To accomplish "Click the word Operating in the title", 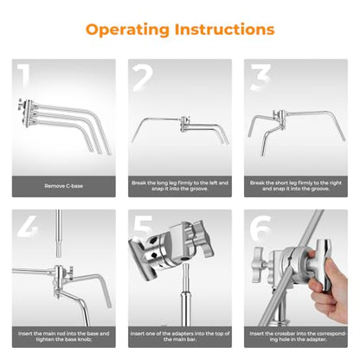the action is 127,30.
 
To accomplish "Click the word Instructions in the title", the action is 225,29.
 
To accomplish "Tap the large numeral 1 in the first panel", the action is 23,76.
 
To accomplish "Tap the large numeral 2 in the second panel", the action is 143,77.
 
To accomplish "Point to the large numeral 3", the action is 260,77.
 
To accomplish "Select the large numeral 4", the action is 28,227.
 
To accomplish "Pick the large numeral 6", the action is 260,228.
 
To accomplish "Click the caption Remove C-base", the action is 64,186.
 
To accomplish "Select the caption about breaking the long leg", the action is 180,186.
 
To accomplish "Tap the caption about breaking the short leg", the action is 296,186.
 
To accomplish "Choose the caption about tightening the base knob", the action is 64,337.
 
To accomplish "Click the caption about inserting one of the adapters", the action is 180,337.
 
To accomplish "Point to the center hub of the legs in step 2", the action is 185,124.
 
